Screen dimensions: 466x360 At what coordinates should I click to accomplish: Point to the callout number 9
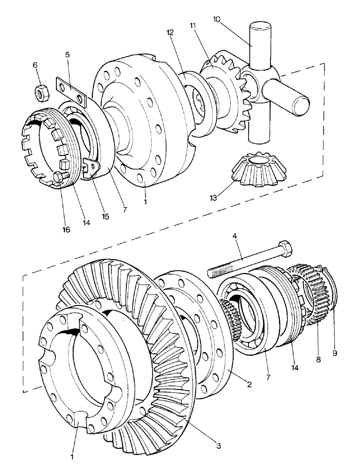[x=334, y=354]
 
